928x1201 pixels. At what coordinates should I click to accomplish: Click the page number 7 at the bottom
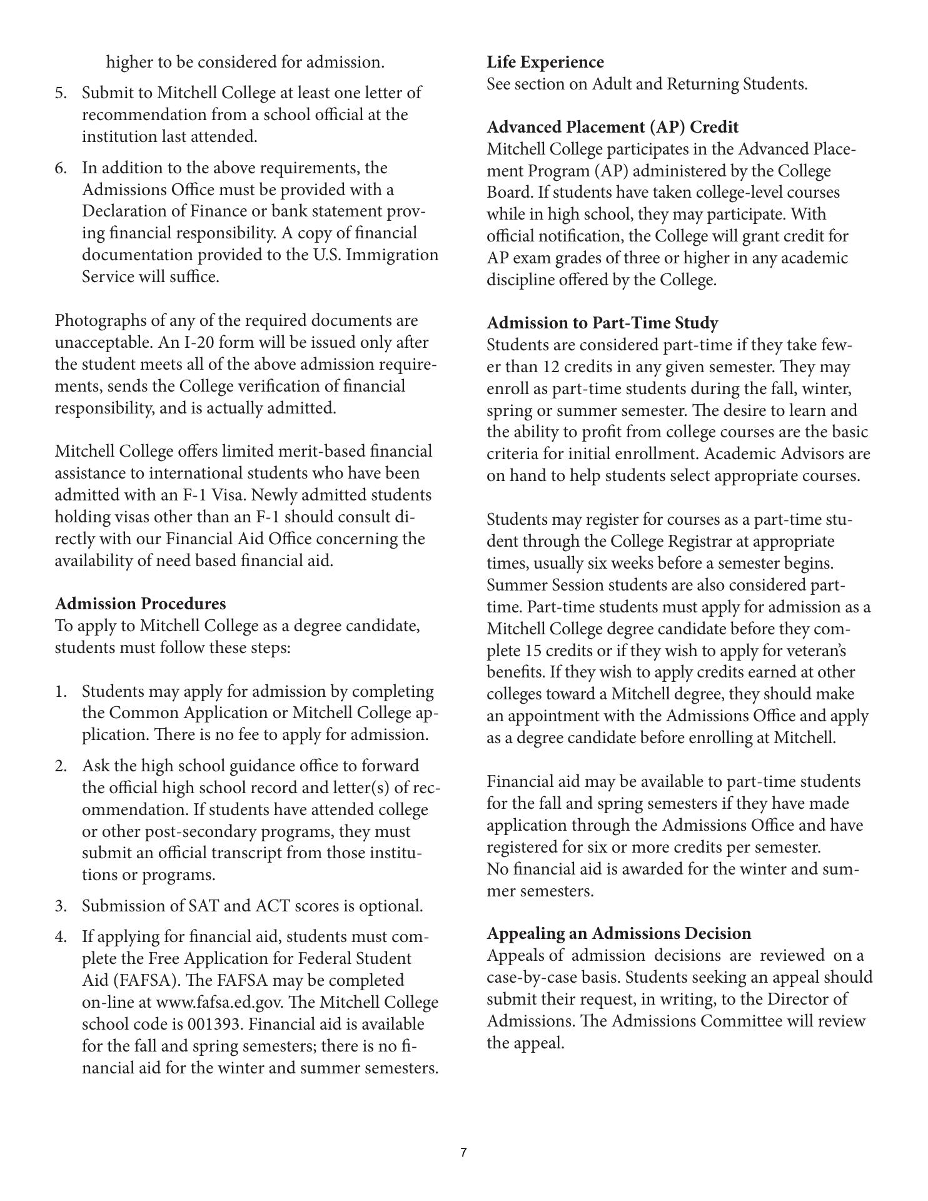463,1152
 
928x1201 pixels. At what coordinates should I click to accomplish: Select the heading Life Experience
545,62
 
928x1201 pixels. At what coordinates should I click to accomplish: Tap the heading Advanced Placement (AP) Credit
612,127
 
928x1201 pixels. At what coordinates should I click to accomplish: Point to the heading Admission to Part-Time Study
602,323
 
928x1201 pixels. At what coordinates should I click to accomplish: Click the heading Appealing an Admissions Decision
619,933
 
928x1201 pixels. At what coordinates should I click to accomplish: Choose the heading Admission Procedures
140,604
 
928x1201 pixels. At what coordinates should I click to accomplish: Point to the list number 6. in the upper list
61,168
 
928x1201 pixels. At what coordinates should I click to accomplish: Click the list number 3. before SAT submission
61,906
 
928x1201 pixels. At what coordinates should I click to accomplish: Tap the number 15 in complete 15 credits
517,651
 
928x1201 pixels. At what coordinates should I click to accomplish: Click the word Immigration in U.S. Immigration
398,255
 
